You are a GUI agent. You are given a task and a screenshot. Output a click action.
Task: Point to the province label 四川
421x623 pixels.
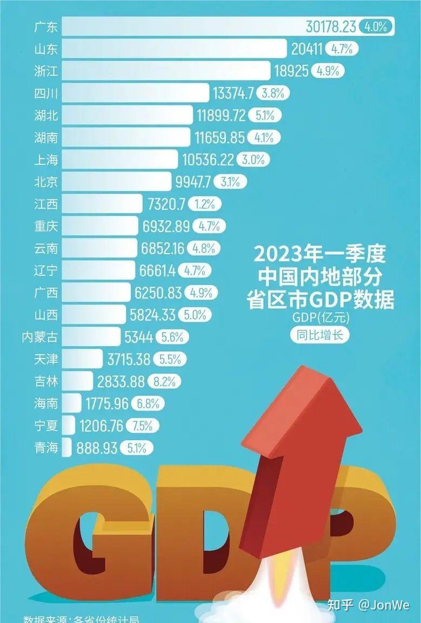pyautogui.click(x=45, y=94)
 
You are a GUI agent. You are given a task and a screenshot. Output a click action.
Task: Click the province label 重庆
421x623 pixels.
pyautogui.click(x=45, y=226)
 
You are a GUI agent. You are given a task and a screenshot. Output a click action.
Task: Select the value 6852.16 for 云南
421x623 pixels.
pyautogui.click(x=163, y=249)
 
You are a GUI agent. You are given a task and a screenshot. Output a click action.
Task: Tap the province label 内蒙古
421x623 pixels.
pyautogui.click(x=39, y=337)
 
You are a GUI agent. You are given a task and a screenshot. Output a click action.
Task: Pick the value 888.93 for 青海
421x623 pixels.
pyautogui.click(x=96, y=448)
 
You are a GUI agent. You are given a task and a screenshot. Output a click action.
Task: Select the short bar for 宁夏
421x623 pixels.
pyautogui.click(x=69, y=426)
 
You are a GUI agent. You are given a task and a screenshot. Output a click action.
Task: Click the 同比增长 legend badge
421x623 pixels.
pyautogui.click(x=319, y=334)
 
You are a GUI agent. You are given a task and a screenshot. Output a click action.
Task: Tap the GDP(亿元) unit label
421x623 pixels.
pyautogui.click(x=320, y=318)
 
